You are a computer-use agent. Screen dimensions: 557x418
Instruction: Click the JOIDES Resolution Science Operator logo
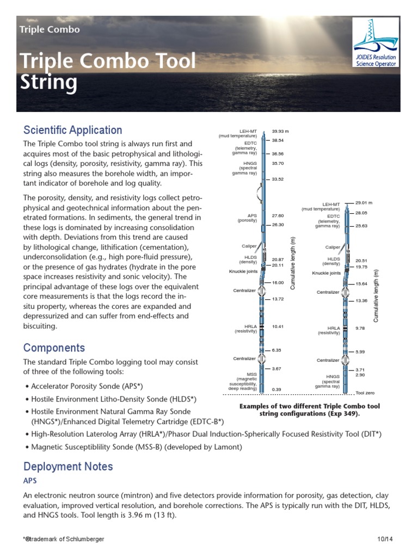coord(376,42)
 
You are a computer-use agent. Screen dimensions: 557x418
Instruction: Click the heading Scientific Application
coord(72,130)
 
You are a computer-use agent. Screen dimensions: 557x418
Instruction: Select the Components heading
coord(54,348)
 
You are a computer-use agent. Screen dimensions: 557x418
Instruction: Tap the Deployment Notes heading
coord(68,466)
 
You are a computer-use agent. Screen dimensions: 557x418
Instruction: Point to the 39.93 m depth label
coord(280,132)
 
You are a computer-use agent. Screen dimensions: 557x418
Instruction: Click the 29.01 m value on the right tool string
coord(364,202)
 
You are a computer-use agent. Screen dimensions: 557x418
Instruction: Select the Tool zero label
coord(365,393)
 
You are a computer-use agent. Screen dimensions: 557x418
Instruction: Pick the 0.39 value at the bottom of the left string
coord(276,389)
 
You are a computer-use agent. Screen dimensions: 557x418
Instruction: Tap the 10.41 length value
coord(278,326)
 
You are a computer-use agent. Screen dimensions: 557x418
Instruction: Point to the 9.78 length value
coord(360,329)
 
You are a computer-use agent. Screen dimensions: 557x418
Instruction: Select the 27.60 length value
coord(278,215)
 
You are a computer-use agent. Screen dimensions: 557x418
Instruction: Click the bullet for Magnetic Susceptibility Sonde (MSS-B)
coord(27,447)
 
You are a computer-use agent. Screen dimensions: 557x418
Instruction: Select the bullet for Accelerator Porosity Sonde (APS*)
coord(27,386)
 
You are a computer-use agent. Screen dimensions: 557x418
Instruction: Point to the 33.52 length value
coord(278,179)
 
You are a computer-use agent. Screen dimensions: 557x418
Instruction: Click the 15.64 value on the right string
coord(361,284)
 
